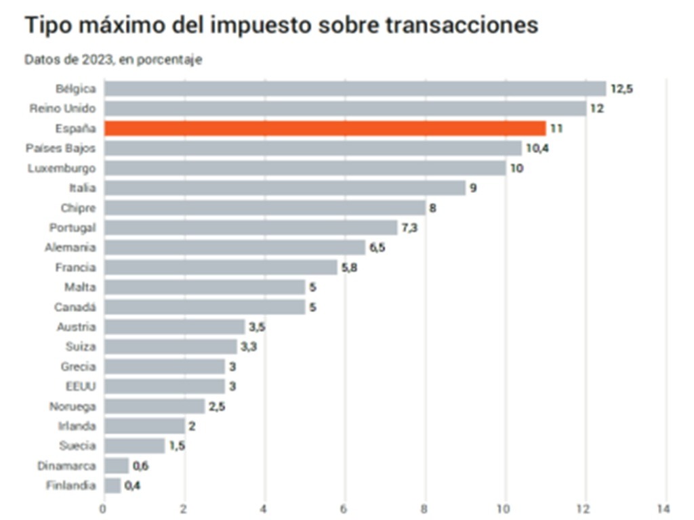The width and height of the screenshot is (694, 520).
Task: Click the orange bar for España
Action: pos(325,128)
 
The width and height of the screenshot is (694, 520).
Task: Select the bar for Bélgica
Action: pos(355,89)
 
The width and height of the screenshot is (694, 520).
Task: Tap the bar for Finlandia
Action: pos(113,485)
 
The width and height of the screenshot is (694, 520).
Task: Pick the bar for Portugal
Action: pos(251,227)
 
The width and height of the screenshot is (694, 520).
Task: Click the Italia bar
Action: pos(285,188)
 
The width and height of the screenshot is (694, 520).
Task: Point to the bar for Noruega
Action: pos(155,406)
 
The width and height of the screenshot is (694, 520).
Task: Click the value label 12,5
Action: pos(621,89)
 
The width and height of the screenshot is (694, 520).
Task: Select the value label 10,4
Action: pos(537,148)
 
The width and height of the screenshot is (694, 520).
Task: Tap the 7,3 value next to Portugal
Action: pos(409,227)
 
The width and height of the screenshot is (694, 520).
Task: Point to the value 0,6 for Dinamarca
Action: pos(140,466)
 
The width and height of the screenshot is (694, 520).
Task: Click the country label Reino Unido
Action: pos(62,108)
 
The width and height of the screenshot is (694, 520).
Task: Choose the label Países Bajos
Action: pos(60,148)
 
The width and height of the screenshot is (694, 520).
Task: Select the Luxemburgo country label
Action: pos(62,168)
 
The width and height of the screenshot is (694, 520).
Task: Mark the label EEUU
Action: pos(81,387)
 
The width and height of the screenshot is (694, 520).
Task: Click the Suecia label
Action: pos(77,446)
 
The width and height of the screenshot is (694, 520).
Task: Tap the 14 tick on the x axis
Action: pos(664,508)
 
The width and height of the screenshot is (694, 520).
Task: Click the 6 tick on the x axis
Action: pos(344,508)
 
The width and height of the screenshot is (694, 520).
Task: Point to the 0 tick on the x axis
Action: pos(103,508)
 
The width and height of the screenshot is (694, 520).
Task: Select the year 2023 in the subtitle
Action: pos(98,60)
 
